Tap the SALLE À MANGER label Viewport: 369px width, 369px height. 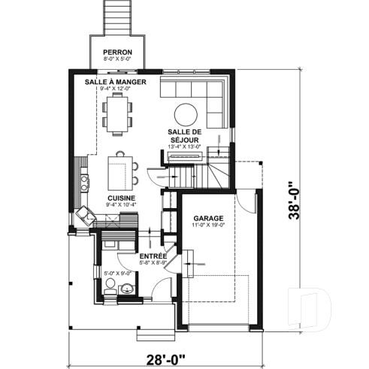click(115, 81)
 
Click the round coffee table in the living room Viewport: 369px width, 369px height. click(186, 113)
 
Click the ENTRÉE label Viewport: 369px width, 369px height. click(153, 257)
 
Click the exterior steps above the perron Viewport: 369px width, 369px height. click(117, 17)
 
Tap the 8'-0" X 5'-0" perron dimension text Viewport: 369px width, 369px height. click(118, 58)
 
